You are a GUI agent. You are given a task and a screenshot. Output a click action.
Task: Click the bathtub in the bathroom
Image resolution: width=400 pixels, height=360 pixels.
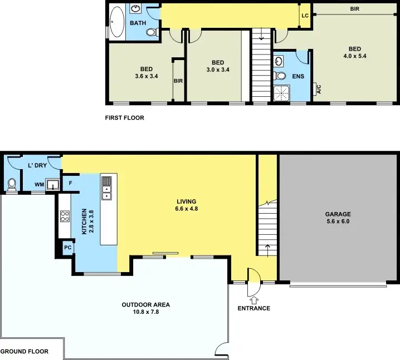pos(118,22)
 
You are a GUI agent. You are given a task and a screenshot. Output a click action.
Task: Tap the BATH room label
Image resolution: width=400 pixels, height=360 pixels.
pos(138,23)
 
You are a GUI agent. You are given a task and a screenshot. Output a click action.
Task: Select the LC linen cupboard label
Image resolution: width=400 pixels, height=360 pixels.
pos(305,16)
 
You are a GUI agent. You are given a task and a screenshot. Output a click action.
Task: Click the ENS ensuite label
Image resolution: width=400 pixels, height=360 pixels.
pos(297,76)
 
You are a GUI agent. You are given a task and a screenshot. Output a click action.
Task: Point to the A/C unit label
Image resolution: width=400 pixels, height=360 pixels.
pos(318,88)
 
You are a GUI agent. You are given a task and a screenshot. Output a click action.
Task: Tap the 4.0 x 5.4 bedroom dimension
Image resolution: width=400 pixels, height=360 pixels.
pos(354,56)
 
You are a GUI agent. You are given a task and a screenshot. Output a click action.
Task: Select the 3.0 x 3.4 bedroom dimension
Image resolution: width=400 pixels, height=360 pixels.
pos(218,70)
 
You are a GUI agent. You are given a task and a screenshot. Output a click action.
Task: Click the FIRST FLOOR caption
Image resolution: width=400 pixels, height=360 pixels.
pos(124,118)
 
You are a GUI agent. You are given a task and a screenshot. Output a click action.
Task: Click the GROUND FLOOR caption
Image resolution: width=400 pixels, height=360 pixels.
pos(24,352)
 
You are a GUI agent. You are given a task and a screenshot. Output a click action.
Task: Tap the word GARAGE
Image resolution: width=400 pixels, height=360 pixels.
pos(338,214)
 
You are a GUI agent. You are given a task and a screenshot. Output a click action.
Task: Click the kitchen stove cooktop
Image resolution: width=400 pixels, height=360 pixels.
pos(65,216)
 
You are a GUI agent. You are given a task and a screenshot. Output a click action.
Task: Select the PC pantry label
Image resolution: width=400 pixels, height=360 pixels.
pos(67,248)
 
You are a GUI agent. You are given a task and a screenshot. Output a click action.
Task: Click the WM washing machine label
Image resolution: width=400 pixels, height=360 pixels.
pos(40,184)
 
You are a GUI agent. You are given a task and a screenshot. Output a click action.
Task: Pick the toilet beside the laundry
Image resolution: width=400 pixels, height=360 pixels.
pos(12,183)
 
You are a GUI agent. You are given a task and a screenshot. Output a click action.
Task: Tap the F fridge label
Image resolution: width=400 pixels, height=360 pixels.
pos(71,183)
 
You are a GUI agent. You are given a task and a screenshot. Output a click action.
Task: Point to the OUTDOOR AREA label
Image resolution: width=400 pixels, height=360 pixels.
pos(145,304)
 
